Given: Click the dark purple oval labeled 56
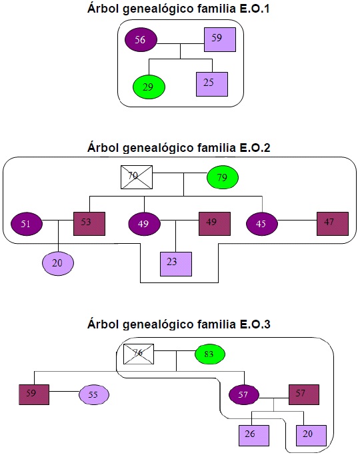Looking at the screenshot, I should tap(141, 40).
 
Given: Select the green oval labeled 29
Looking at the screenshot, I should tap(148, 87).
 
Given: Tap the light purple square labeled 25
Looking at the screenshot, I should tap(212, 83).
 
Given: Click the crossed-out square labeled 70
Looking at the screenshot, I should tap(137, 177).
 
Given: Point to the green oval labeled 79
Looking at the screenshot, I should tap(223, 178).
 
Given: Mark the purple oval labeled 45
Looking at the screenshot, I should tap(262, 224).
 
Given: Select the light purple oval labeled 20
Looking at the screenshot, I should tap(58, 262).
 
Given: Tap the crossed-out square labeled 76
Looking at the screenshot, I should tap(138, 353).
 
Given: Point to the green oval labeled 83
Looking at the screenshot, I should tap(210, 354).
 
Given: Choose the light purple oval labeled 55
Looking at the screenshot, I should tap(93, 394).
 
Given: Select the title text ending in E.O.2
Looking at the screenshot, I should tap(178, 148).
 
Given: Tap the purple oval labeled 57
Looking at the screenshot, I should tap(244, 394).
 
